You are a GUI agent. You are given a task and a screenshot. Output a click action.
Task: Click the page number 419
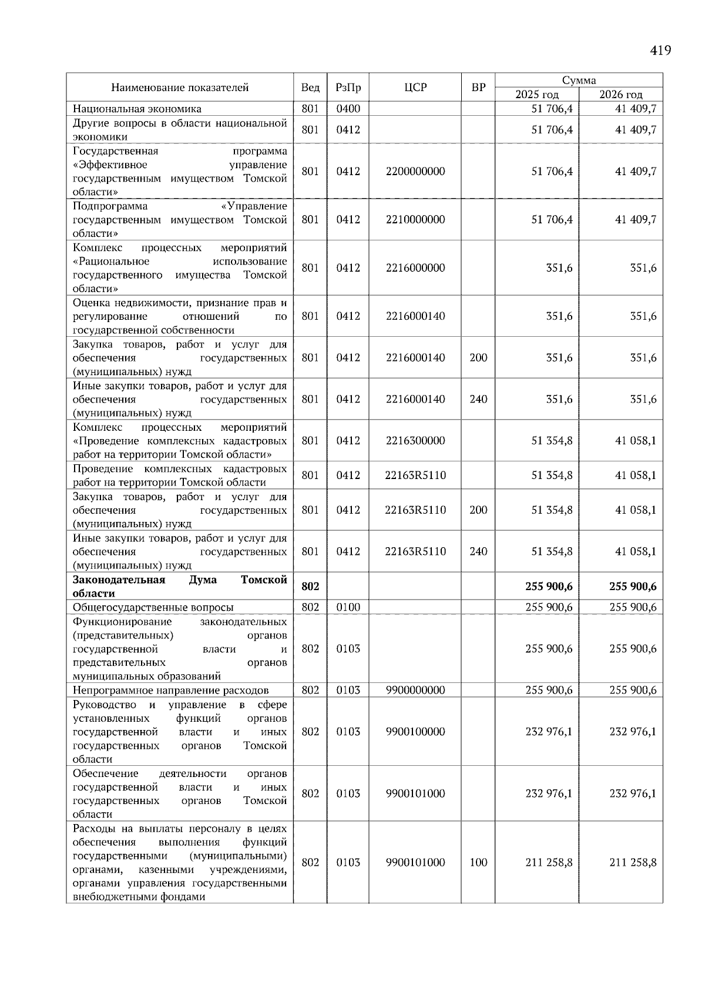tap(660, 51)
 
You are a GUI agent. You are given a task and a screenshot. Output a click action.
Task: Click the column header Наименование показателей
tap(180, 88)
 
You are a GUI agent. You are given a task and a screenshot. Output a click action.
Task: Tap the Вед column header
tap(310, 88)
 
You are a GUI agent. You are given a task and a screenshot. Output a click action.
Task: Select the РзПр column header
tap(348, 88)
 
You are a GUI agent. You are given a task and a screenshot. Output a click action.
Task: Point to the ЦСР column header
tap(415, 88)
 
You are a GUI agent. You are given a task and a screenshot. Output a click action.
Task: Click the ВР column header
tap(478, 88)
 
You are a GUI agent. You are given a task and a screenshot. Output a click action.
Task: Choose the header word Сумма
tap(579, 81)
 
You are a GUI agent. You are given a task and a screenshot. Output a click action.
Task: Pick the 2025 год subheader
tap(537, 95)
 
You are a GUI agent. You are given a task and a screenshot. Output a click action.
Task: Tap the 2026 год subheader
tap(621, 95)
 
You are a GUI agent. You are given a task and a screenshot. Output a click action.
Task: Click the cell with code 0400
tap(348, 109)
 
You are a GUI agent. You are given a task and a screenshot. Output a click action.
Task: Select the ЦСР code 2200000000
tap(415, 172)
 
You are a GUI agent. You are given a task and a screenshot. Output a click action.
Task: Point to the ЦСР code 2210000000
tap(415, 220)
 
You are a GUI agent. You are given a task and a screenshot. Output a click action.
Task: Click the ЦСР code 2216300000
tap(415, 441)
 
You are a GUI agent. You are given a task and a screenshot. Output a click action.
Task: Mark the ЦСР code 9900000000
tap(415, 690)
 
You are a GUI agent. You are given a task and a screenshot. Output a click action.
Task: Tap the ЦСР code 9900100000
tap(415, 732)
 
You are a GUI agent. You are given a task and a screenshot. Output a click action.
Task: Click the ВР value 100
tap(478, 863)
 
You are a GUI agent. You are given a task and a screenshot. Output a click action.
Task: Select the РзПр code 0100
tap(348, 607)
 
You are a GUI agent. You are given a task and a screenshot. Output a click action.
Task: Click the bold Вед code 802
tap(310, 587)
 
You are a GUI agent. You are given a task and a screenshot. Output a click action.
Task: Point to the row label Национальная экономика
tap(137, 109)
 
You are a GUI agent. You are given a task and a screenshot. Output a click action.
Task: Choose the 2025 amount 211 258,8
tap(549, 863)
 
